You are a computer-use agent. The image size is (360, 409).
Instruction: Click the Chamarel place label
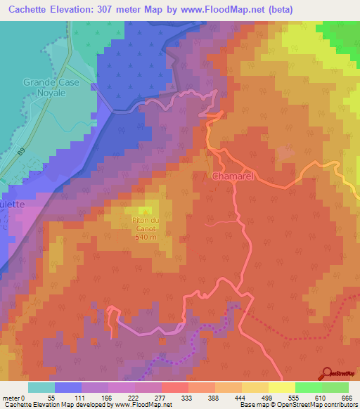pyautogui.click(x=232, y=176)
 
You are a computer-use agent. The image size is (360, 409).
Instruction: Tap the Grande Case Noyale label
pyautogui.click(x=49, y=88)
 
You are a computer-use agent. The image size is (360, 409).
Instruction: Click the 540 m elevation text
pyautogui.click(x=146, y=237)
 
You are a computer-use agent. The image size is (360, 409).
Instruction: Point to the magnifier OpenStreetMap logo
pyautogui.click(x=326, y=373)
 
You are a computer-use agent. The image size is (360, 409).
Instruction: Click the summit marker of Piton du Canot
pyautogui.click(x=146, y=211)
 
